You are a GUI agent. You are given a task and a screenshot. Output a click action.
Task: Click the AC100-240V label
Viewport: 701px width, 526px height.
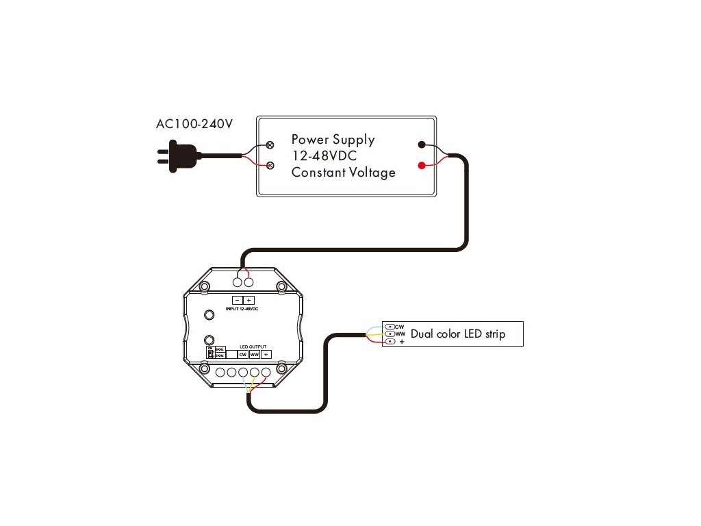point(194,125)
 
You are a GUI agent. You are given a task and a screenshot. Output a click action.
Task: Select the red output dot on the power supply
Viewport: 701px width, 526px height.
point(422,165)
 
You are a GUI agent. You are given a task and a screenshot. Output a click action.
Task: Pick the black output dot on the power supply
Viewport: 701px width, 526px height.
point(422,145)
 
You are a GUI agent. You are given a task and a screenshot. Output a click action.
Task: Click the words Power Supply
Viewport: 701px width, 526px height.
point(333,140)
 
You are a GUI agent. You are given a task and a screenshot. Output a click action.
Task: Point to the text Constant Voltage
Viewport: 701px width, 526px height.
point(343,173)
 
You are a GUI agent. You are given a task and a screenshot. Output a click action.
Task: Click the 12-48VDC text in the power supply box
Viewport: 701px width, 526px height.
point(324,156)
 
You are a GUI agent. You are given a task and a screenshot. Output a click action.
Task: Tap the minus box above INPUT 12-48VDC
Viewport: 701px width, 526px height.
point(237,300)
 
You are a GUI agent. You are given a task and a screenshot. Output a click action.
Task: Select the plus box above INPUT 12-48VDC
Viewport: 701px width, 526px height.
point(248,300)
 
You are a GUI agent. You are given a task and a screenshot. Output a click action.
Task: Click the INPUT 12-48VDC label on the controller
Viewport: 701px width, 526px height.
point(242,310)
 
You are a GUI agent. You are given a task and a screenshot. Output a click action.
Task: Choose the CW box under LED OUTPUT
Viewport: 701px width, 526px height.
point(242,355)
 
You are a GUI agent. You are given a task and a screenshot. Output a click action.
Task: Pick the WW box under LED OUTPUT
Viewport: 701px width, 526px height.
point(254,355)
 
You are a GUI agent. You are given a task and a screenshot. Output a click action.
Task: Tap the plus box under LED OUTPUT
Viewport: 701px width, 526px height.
point(266,355)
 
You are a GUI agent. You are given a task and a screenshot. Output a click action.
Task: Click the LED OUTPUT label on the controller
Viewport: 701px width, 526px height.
point(253,347)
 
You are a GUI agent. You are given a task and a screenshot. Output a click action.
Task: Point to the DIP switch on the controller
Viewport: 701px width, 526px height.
point(211,353)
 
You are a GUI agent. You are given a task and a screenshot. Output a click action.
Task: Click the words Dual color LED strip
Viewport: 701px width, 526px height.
point(457,335)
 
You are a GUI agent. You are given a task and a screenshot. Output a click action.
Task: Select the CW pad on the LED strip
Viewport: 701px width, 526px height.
point(390,327)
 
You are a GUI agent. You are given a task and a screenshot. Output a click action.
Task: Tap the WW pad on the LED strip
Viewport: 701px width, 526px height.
point(390,334)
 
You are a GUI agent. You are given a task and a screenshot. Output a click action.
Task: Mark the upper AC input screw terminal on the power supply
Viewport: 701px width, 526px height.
point(270,145)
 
